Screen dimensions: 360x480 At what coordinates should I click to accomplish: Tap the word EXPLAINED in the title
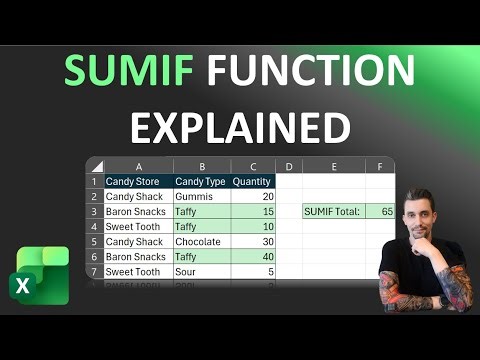[240, 127]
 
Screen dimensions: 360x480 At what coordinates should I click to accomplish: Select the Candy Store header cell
[137, 181]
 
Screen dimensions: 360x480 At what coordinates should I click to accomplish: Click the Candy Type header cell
[201, 181]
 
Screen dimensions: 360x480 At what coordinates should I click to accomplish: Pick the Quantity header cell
[252, 181]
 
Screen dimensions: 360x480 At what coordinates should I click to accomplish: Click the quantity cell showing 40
[252, 257]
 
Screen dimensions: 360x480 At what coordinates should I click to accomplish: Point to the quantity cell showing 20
[252, 197]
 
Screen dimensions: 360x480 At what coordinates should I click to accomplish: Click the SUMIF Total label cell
[334, 212]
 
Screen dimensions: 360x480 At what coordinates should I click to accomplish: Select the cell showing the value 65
[380, 212]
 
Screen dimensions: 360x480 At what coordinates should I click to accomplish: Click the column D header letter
[288, 165]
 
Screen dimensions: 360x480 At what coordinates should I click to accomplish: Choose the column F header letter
[380, 165]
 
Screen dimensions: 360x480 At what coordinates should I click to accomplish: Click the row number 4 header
[94, 227]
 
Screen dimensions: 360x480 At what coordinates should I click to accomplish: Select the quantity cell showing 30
[252, 242]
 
